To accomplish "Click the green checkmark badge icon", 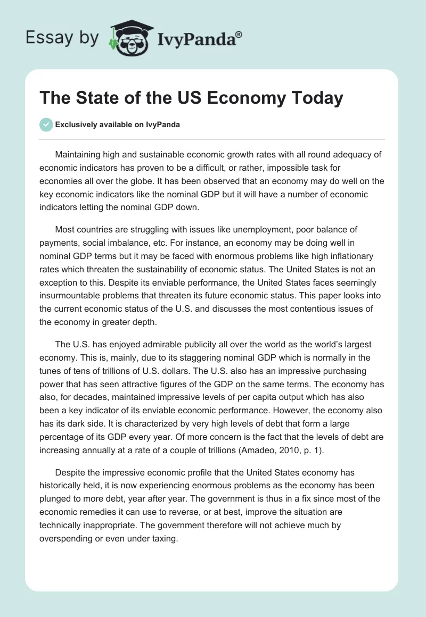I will [x=46, y=124].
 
